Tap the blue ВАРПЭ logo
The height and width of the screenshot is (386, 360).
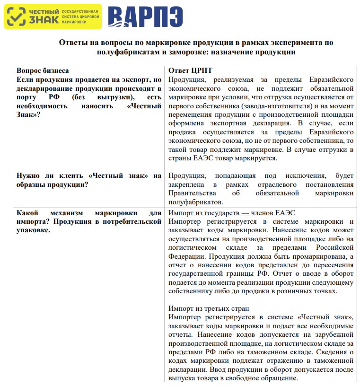145,17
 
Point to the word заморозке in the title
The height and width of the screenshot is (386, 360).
187,52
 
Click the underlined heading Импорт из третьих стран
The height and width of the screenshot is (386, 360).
209,308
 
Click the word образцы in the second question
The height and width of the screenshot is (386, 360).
34,184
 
